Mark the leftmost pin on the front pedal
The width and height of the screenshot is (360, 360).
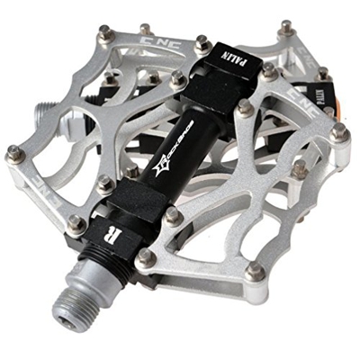tap(13, 154)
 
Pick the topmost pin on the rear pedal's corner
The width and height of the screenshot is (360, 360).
tap(286, 26)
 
